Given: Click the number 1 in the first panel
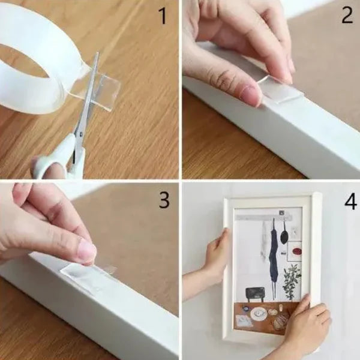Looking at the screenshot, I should click(163, 16).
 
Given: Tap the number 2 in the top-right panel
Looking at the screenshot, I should click(347, 16).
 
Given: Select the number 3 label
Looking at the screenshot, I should click(164, 200).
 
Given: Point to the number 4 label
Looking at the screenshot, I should click(350, 202).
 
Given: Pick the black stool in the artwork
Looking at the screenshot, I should click(254, 293).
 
